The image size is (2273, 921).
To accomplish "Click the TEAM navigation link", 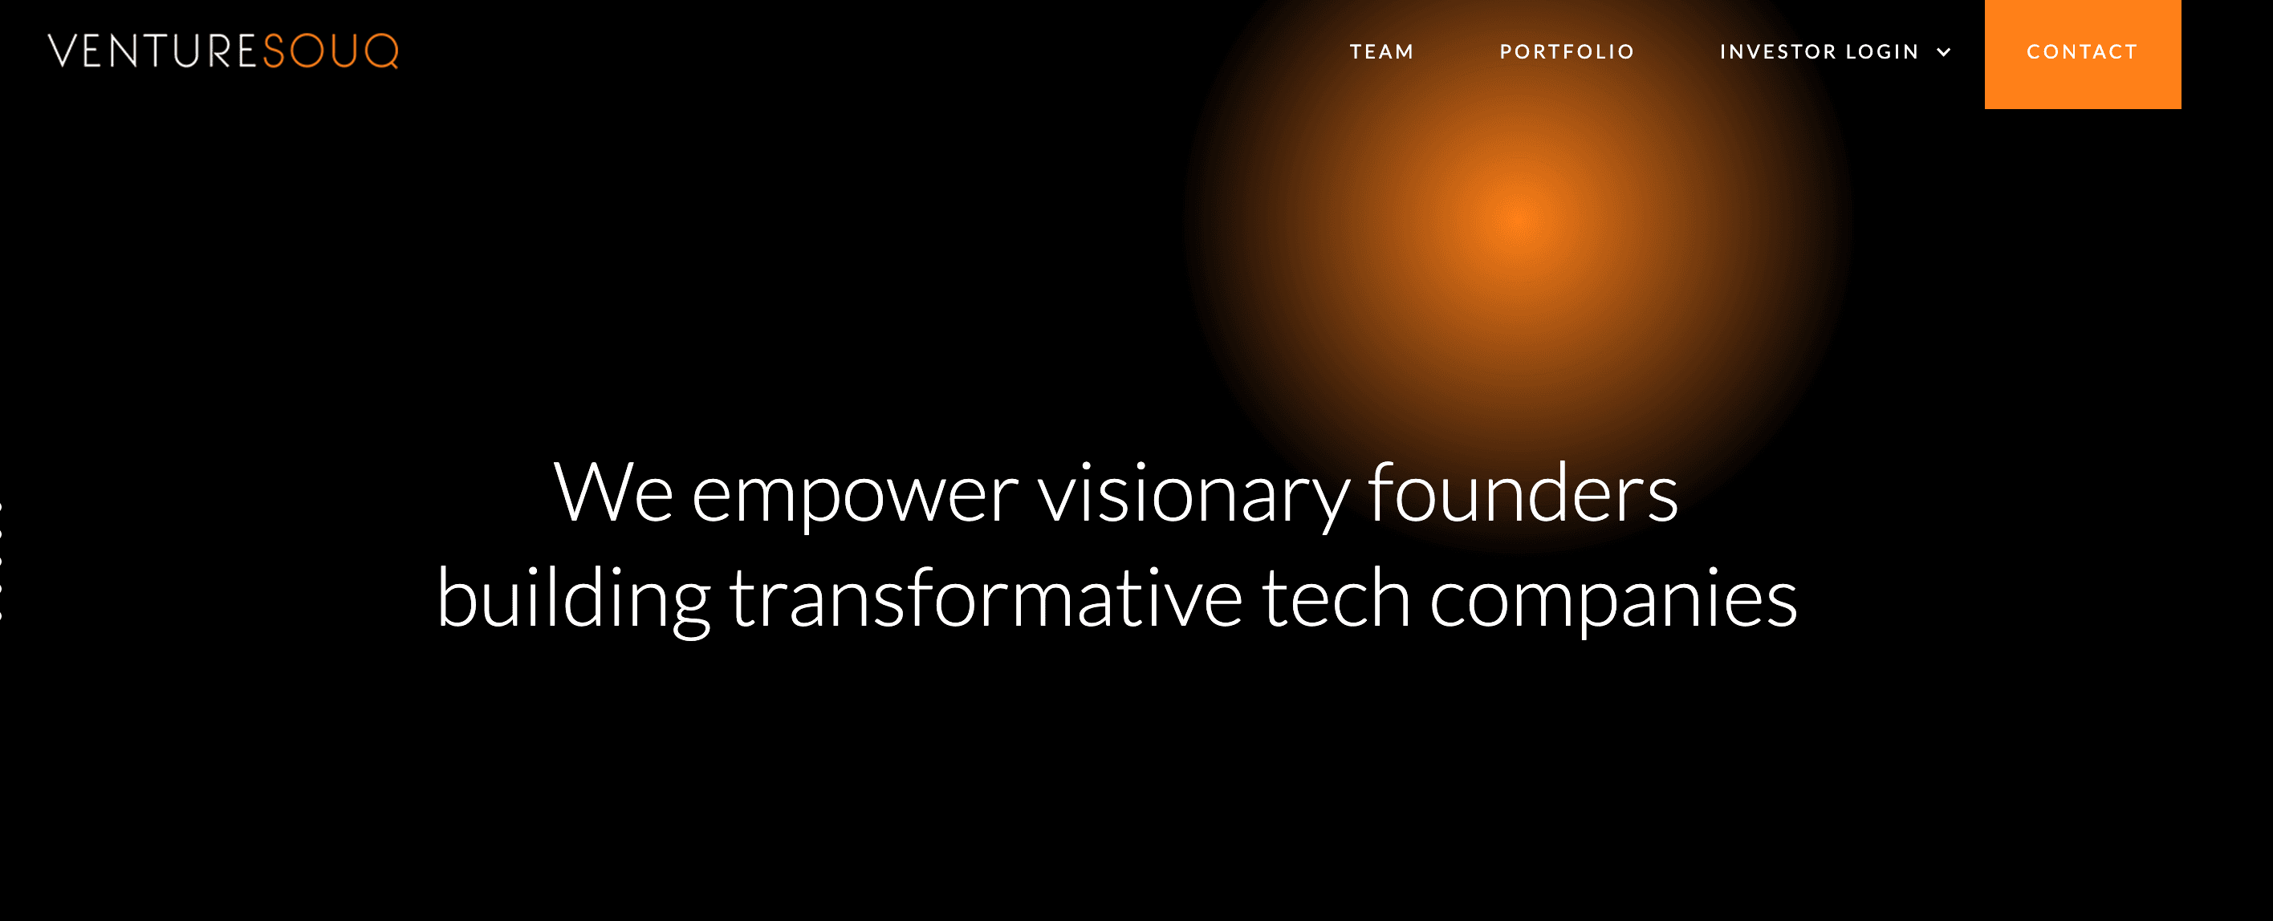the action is pos(1382,52).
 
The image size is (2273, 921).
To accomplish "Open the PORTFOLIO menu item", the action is pos(1567,52).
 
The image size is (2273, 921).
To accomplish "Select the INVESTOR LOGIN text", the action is pos(1820,52).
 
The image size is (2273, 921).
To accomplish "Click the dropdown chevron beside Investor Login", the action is pos(1943,53).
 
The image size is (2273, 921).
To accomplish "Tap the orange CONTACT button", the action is pos(2083,54).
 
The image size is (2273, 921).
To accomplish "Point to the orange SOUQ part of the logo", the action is pos(331,51).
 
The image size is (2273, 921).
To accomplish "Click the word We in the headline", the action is pos(613,493).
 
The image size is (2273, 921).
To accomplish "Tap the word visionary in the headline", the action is pos(1193,497).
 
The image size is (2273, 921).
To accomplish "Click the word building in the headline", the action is pos(574,601).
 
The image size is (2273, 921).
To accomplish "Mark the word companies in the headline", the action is pos(1614,602).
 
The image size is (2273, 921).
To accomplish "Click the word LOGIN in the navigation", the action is pos(1882,52).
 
